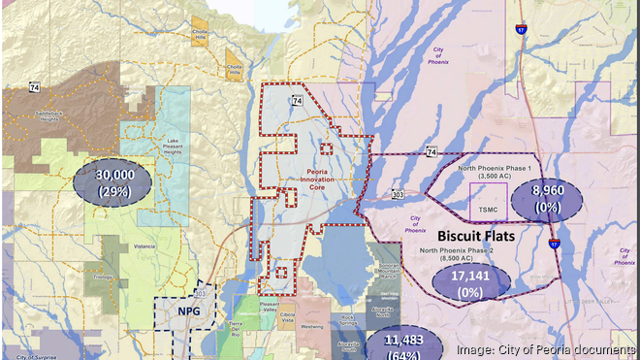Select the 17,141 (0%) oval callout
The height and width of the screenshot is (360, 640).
point(471,282)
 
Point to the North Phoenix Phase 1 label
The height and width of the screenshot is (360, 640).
point(494,172)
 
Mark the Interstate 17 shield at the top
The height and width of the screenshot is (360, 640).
point(522,31)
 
